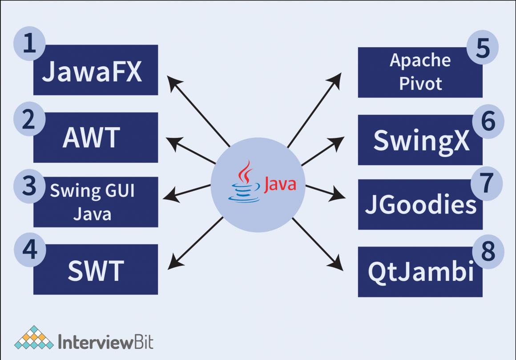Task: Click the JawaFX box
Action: click(x=96, y=71)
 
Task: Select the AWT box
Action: click(x=96, y=138)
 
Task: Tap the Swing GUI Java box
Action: click(x=96, y=202)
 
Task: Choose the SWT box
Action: click(x=96, y=270)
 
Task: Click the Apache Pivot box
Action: click(x=420, y=72)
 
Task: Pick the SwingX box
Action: click(x=420, y=140)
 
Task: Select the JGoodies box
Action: click(x=420, y=205)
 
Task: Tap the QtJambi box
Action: click(x=420, y=272)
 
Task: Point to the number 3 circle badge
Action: click(x=30, y=186)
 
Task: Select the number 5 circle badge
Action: click(x=483, y=48)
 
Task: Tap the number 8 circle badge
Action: click(x=488, y=251)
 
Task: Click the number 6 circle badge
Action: click(x=488, y=121)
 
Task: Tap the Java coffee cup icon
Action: click(x=244, y=182)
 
